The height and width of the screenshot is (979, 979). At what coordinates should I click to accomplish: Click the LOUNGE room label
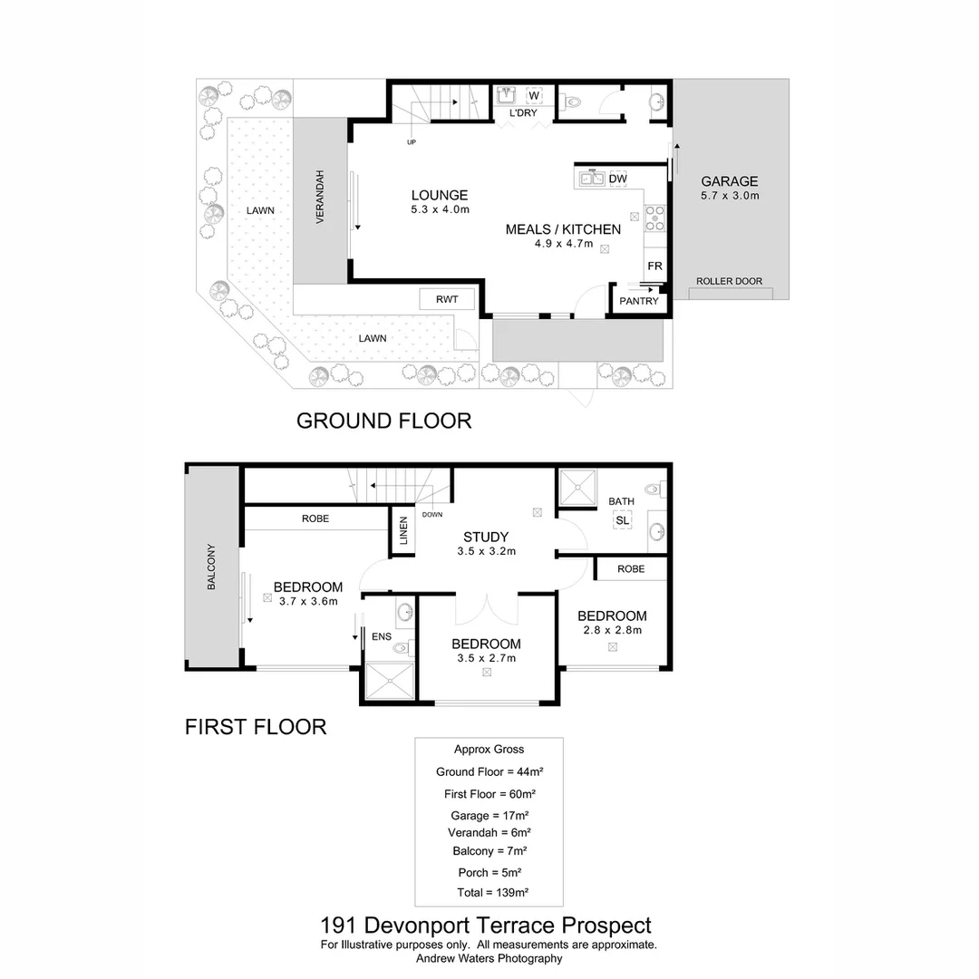[440, 196]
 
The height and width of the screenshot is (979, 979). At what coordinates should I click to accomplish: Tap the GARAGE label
[729, 181]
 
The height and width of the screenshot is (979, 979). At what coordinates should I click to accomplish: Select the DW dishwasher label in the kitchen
[617, 179]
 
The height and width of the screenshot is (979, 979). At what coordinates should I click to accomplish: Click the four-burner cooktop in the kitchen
[655, 218]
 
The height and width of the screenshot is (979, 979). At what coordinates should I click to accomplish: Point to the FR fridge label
[654, 266]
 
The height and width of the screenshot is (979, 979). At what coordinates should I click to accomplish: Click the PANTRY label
[639, 301]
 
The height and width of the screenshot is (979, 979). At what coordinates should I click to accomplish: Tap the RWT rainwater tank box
[447, 299]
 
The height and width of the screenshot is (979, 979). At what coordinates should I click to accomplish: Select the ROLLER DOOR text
[729, 282]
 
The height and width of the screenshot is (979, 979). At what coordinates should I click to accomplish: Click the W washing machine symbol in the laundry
[534, 95]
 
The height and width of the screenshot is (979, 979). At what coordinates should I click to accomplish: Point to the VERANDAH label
[320, 197]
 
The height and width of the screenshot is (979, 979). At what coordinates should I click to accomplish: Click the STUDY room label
[486, 537]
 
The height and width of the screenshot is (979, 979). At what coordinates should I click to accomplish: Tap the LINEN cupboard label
[403, 530]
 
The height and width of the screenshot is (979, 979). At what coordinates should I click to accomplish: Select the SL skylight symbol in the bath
[622, 520]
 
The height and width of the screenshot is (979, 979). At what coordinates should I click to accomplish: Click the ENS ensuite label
[382, 637]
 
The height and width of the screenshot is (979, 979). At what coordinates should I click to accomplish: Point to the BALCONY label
[211, 567]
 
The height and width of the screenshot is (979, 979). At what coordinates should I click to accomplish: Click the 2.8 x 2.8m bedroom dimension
[613, 631]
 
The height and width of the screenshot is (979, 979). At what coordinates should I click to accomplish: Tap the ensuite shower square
[390, 681]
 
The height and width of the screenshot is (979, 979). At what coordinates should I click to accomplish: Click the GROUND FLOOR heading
[384, 421]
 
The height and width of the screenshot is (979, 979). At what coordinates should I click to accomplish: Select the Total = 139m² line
[492, 893]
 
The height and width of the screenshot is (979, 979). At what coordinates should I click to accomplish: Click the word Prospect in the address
[606, 926]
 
